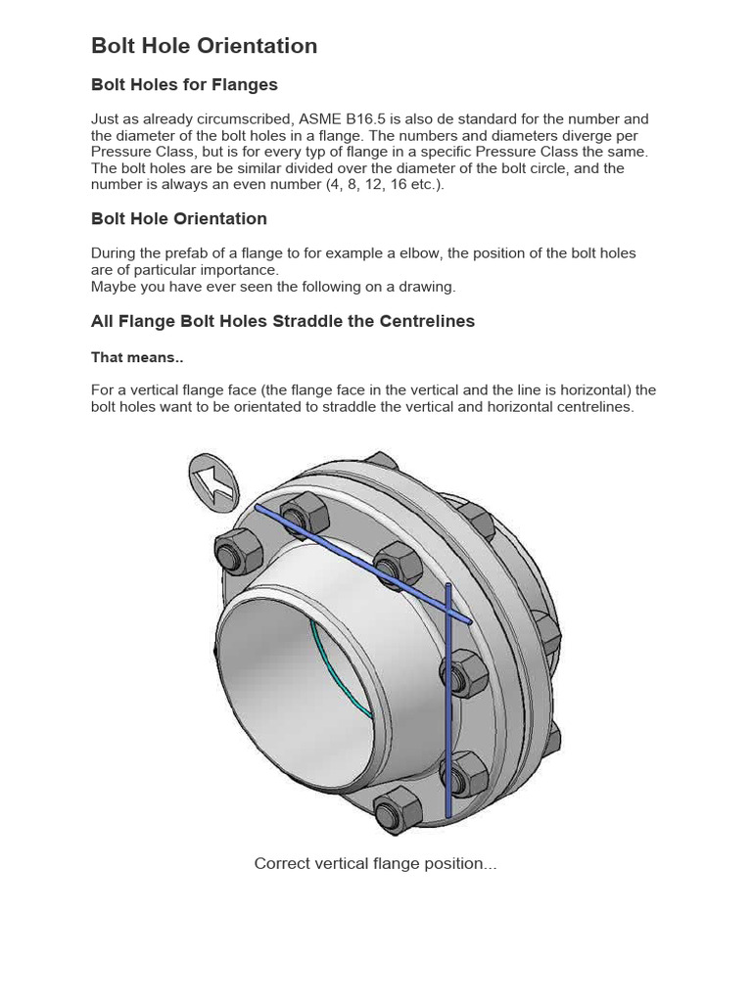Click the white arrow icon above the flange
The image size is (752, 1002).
coord(212,480)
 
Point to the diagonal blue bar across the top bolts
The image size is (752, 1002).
coord(362,565)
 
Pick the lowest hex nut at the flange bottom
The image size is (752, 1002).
coord(396,811)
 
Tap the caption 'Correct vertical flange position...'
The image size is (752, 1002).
coord(375,864)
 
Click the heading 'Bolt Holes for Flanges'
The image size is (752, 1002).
coord(184,85)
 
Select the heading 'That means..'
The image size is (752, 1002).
coord(137,358)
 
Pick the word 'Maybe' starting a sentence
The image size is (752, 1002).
coord(113,287)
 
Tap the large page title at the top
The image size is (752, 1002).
coord(204,46)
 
